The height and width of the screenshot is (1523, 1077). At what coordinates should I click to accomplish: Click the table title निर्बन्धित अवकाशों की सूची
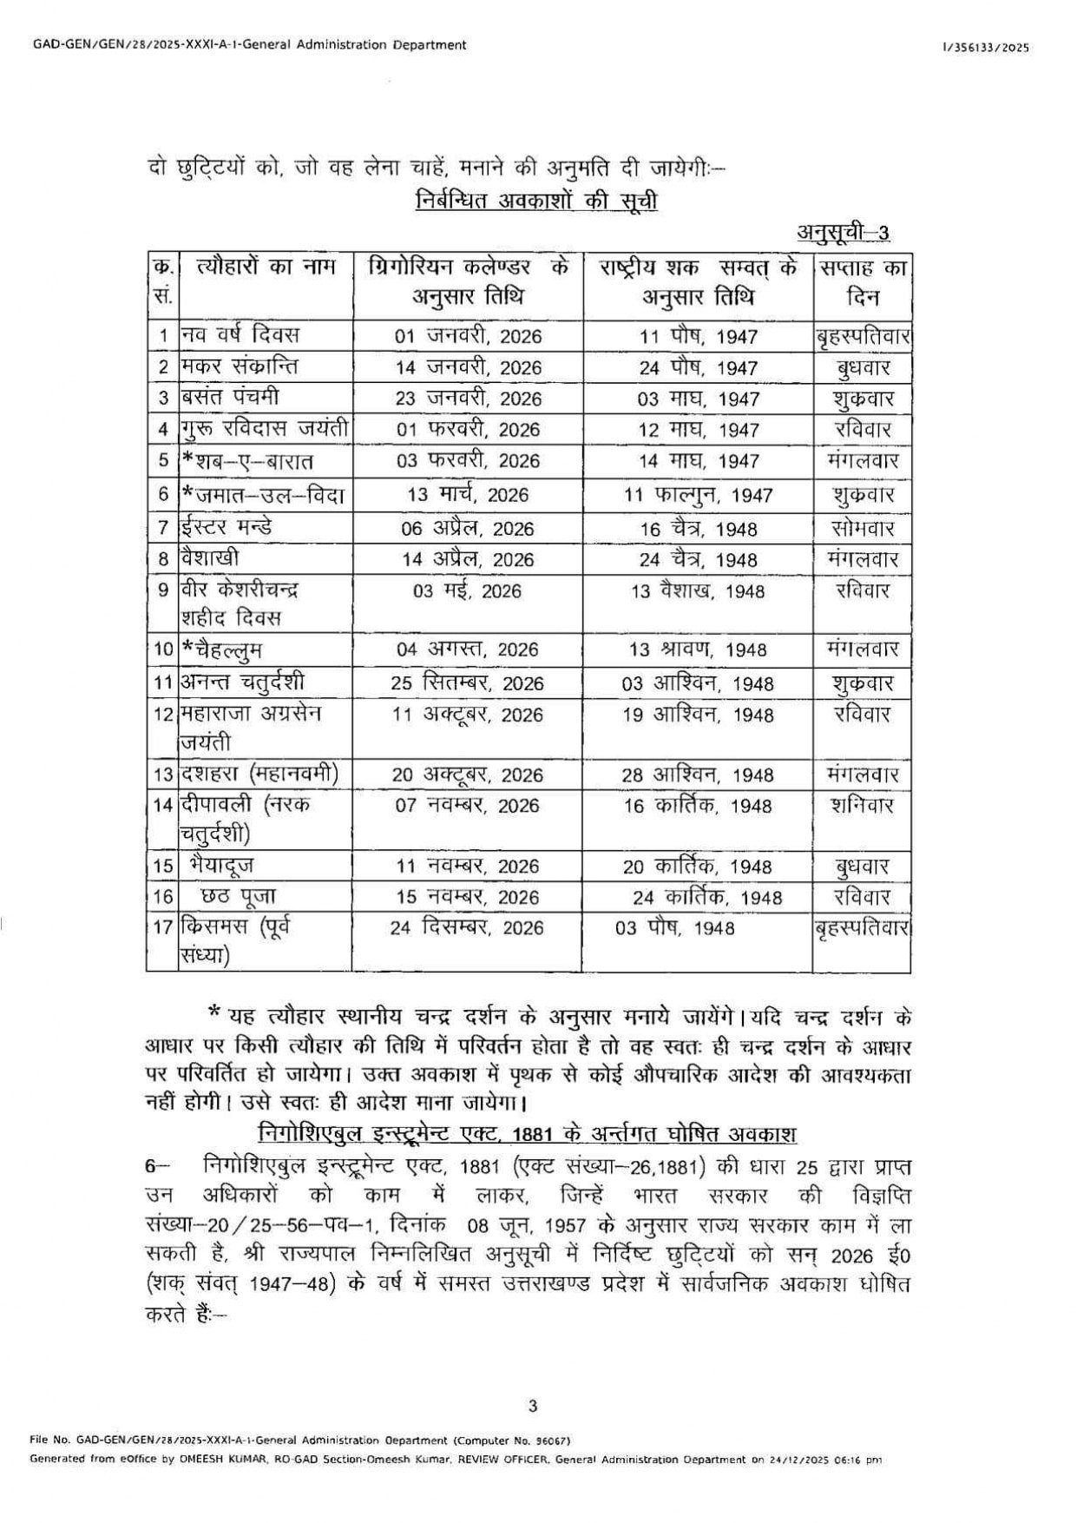[x=536, y=201]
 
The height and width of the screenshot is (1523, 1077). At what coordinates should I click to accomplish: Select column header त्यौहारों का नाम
[x=266, y=267]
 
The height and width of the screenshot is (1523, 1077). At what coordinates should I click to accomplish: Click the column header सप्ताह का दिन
[x=861, y=282]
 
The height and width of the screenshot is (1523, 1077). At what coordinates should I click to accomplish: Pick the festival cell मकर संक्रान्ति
[x=239, y=366]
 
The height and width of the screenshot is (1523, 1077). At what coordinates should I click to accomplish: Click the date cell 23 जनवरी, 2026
[x=469, y=399]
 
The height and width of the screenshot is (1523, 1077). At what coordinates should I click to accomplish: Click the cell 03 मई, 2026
[x=468, y=591]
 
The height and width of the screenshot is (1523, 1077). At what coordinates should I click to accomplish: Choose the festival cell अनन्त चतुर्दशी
[x=242, y=682]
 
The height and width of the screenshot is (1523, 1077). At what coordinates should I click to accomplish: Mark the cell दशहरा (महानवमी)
[x=259, y=774]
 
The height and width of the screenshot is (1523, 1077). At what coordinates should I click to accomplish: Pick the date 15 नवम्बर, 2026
[x=468, y=897]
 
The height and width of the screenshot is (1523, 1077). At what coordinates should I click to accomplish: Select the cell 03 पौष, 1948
[x=674, y=928]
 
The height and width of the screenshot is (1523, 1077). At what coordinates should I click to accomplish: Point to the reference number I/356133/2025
[x=985, y=49]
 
